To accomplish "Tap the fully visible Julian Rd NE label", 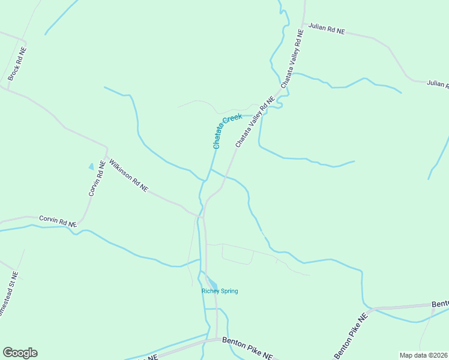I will pyautogui.click(x=327, y=28).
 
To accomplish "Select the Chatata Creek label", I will pyautogui.click(x=227, y=131).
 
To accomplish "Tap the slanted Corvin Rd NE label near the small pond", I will pyautogui.click(x=97, y=179).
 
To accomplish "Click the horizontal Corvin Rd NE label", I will pyautogui.click(x=58, y=221).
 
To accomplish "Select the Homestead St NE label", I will pyautogui.click(x=8, y=295).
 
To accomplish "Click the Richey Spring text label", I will pyautogui.click(x=220, y=292).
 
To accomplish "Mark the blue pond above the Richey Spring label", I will pyautogui.click(x=212, y=283).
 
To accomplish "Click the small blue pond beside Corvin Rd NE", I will pyautogui.click(x=91, y=166).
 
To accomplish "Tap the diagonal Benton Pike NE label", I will pyautogui.click(x=350, y=337).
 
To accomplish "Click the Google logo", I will pyautogui.click(x=20, y=353).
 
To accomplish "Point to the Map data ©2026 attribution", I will pyautogui.click(x=423, y=355).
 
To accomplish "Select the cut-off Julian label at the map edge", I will pyautogui.click(x=438, y=84).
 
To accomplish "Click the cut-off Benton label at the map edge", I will pyautogui.click(x=440, y=304).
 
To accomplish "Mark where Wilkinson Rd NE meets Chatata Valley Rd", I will pyautogui.click(x=202, y=214).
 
